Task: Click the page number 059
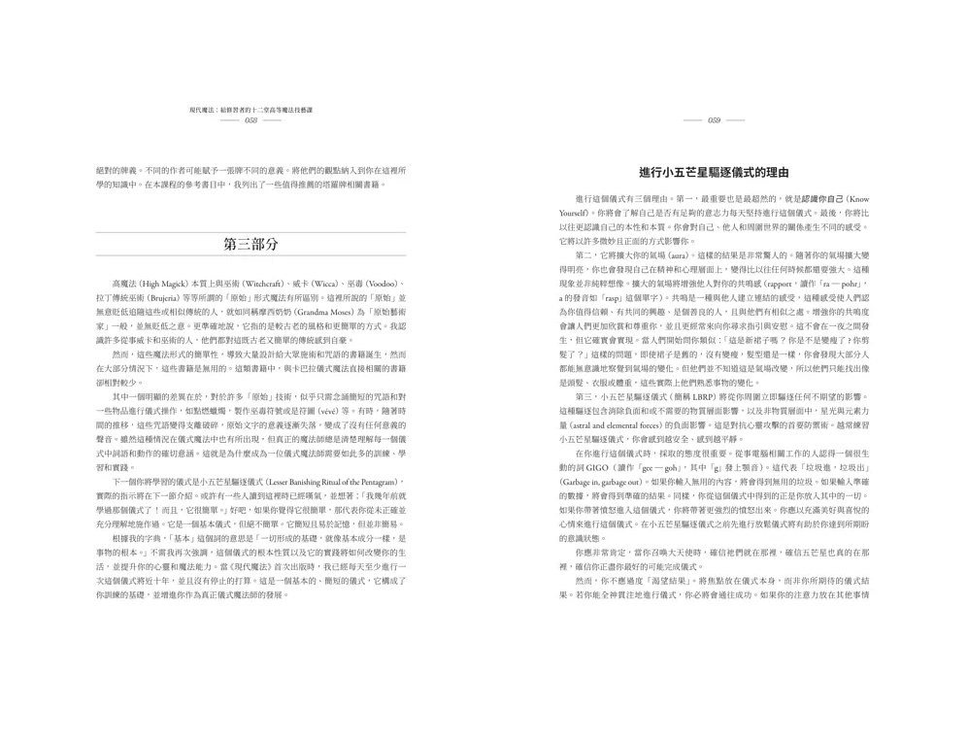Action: (x=714, y=120)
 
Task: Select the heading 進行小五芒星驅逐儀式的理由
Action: (x=714, y=172)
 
